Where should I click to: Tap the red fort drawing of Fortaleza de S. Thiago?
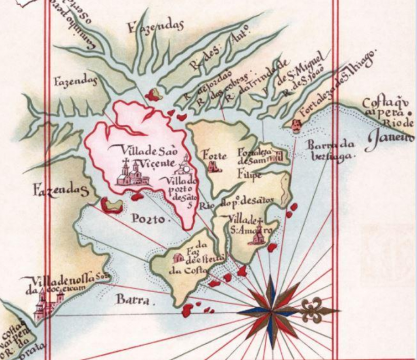296,126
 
